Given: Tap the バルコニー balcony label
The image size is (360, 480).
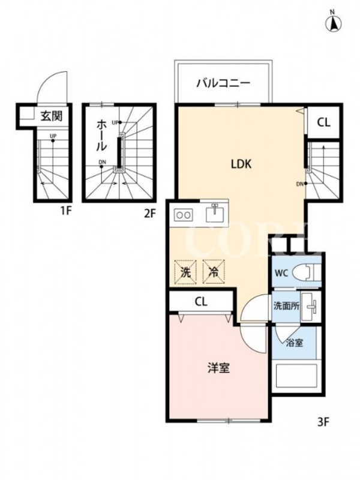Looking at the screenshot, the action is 223,83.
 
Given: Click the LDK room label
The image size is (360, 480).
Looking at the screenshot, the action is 241,164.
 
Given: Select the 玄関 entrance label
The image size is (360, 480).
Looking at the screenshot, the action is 52,116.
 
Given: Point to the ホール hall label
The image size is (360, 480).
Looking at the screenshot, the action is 101,136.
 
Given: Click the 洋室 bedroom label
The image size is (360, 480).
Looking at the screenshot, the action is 218,368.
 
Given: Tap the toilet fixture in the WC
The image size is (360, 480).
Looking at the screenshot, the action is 306,272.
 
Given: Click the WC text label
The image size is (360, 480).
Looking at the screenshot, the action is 281,272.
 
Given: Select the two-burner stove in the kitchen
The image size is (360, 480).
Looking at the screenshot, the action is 184,215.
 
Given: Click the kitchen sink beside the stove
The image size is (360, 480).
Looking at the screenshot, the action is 215,213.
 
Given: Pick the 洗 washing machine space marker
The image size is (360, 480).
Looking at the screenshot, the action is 185,272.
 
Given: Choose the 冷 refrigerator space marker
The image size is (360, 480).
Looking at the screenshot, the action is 214,272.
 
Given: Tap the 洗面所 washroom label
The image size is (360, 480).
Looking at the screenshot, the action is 286,306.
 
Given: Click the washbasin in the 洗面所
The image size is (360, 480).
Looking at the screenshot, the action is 310,307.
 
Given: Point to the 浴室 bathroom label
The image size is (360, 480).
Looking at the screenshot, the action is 295,343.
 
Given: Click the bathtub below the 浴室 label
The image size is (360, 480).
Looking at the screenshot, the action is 296,376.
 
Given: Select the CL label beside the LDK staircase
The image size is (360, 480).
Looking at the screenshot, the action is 323,123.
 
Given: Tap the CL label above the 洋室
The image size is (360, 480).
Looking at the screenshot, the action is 201,302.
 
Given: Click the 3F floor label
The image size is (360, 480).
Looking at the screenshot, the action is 323,422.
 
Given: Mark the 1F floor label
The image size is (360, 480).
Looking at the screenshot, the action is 65,211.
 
